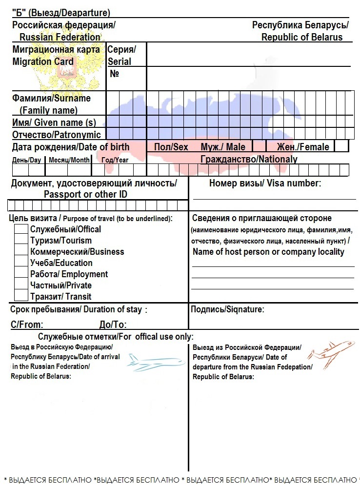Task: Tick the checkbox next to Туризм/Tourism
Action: (x=21, y=240)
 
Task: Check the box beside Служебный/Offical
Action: (x=21, y=229)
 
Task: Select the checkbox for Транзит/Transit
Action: (x=21, y=296)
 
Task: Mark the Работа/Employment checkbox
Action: (x=21, y=274)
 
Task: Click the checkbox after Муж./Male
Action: (x=259, y=146)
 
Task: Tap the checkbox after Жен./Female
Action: (x=341, y=146)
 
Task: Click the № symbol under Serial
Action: (x=115, y=74)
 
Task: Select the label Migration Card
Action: (x=43, y=61)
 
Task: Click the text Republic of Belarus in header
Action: (x=302, y=37)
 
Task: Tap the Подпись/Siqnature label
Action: (x=227, y=309)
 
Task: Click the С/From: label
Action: (x=27, y=325)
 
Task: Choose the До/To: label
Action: (x=113, y=325)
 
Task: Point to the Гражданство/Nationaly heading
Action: (x=249, y=159)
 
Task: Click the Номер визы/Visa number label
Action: (x=265, y=183)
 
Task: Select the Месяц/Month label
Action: (x=69, y=160)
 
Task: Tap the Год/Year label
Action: (x=115, y=160)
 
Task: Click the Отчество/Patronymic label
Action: (x=57, y=135)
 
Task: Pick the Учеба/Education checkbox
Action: (x=21, y=263)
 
